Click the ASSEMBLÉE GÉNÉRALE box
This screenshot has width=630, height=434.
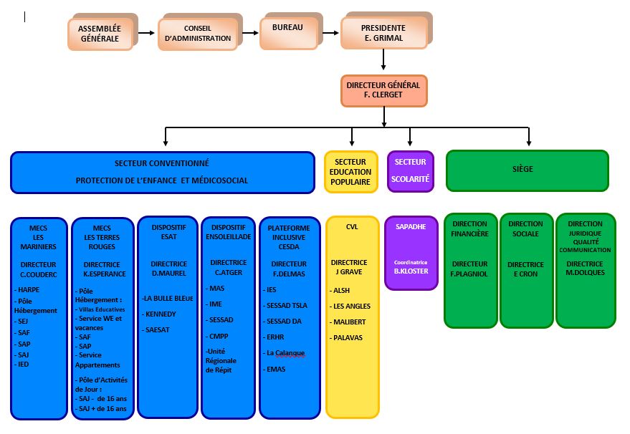click(100, 34)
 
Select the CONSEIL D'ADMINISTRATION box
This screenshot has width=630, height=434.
click(198, 34)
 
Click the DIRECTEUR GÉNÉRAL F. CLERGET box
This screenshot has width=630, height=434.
click(383, 91)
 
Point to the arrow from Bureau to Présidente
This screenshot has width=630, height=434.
click(330, 33)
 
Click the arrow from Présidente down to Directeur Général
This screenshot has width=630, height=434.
click(383, 59)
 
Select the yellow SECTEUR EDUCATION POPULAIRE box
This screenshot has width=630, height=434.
click(350, 172)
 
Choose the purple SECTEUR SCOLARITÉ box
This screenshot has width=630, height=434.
click(410, 171)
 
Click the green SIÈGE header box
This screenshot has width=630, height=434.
click(527, 170)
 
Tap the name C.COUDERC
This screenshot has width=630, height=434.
click(39, 274)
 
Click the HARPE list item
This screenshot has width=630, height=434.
click(27, 289)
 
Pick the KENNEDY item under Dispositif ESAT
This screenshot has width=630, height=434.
click(158, 314)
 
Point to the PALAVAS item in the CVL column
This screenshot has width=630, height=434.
click(346, 337)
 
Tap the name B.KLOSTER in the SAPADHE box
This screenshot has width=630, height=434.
click(411, 271)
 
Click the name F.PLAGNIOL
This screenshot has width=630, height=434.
click(469, 274)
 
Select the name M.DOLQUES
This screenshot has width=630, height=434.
click(585, 273)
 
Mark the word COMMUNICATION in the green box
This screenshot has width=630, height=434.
click(585, 250)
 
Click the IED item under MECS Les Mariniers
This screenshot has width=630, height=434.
click(22, 364)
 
